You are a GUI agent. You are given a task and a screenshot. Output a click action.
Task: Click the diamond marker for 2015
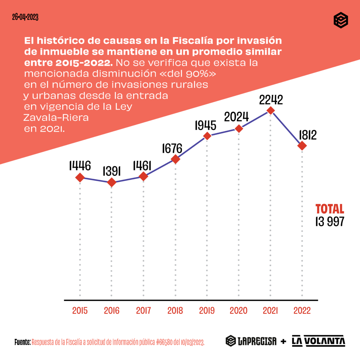[x=80, y=178]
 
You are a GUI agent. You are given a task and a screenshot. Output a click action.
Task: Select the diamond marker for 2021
[x=270, y=110]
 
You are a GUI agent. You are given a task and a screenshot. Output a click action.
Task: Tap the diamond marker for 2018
[x=175, y=159]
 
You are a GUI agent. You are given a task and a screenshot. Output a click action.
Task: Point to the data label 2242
[x=271, y=100]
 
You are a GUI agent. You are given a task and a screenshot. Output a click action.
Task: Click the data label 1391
[x=112, y=171]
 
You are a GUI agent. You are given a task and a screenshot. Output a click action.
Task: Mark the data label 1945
[x=207, y=125]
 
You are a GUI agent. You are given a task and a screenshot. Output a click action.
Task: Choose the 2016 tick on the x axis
[x=112, y=311]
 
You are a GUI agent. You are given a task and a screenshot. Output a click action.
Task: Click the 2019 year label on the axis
[x=207, y=311]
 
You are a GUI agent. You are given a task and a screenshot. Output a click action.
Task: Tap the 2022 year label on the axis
[x=302, y=311]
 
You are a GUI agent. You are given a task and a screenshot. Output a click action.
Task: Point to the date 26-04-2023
[x=25, y=17]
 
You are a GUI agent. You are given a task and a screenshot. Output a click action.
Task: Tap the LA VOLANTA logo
[x=319, y=341]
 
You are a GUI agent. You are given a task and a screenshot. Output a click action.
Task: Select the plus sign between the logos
[x=283, y=341]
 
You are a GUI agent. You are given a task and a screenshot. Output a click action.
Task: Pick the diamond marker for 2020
[x=239, y=129]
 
